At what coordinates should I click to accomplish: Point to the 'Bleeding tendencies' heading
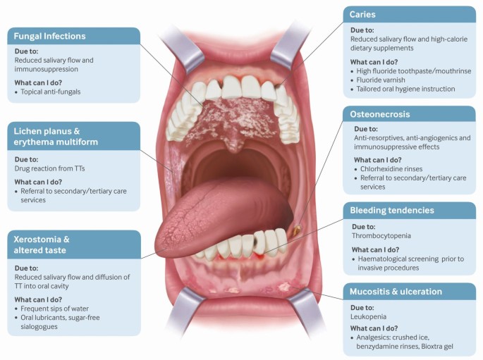click(x=391, y=210)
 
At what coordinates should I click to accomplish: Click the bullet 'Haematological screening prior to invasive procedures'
click(x=412, y=263)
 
